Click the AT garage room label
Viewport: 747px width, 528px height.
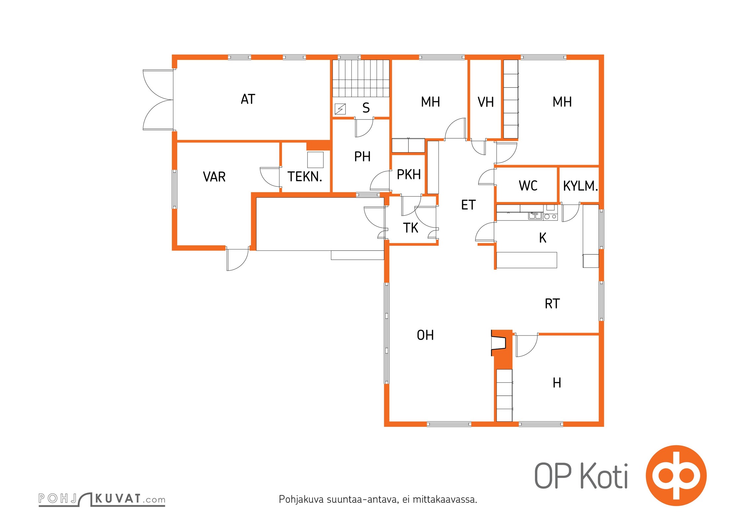tap(248, 99)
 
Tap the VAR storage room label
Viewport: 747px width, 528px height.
tap(214, 177)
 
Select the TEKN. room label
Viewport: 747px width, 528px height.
tap(304, 177)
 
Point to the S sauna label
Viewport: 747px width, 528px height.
tap(366, 108)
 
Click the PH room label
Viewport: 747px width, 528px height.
tap(362, 156)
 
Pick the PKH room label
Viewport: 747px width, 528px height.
tap(409, 175)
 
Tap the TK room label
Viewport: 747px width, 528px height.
tap(410, 228)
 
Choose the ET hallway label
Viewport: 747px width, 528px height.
tap(468, 205)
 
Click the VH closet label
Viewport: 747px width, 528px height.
tap(486, 102)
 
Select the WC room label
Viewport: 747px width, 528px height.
tap(528, 186)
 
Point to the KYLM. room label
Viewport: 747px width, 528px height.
tap(581, 186)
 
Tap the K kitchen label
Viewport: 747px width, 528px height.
tap(543, 238)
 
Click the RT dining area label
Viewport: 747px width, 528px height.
tap(552, 304)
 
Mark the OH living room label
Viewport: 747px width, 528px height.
tap(425, 335)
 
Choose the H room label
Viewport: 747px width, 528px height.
tap(557, 383)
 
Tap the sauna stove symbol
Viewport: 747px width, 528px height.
tap(340, 109)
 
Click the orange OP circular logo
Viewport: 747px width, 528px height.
tap(676, 475)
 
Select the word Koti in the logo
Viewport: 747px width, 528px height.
tap(604, 476)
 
